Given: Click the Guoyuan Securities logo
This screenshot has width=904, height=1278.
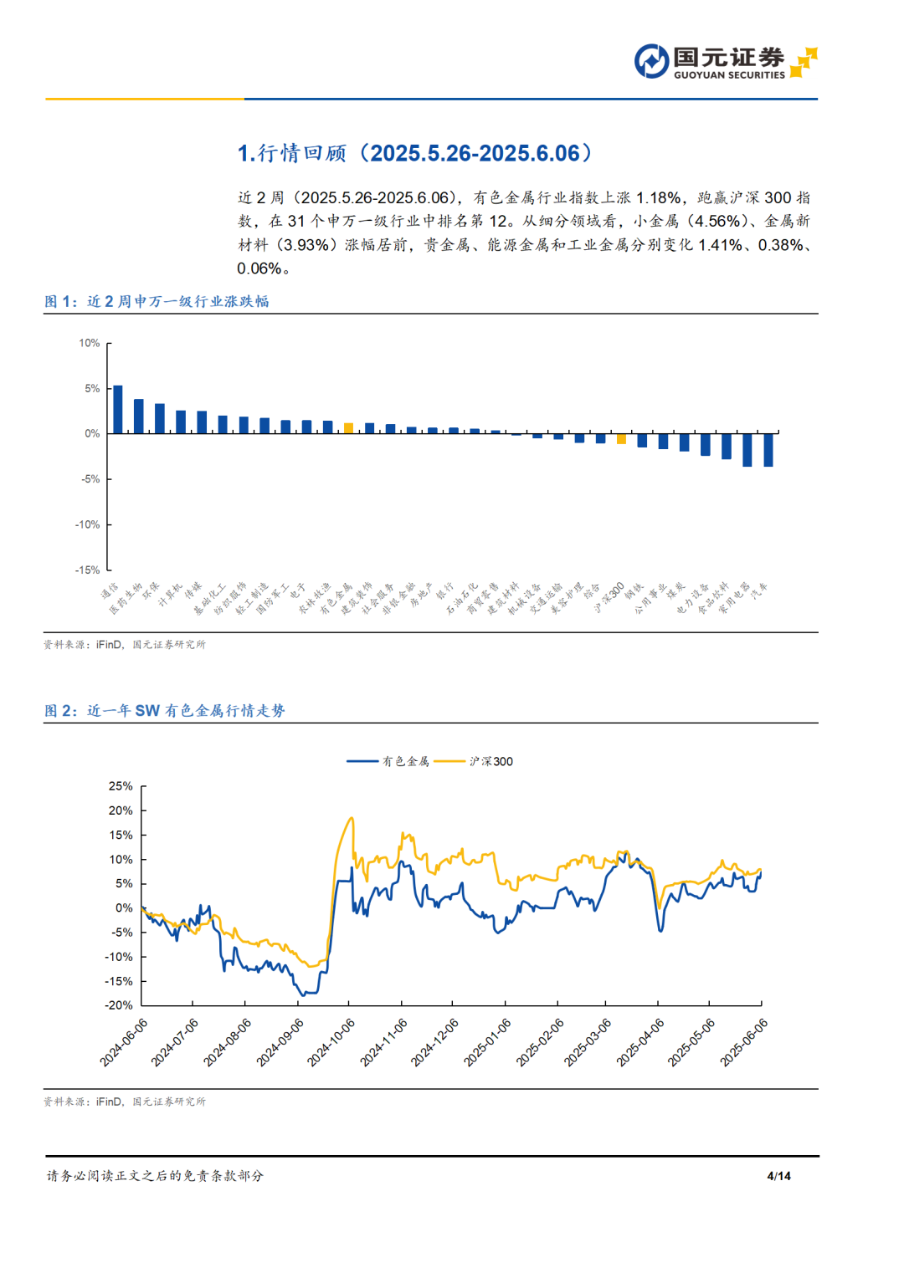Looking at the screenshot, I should (x=725, y=62).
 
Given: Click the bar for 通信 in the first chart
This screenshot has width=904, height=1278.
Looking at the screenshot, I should (x=118, y=409).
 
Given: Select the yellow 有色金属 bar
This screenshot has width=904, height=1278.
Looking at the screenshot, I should (x=349, y=428).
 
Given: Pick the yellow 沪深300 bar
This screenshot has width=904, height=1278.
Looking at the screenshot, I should (x=621, y=438).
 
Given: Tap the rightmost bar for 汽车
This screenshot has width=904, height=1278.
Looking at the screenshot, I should (x=768, y=450).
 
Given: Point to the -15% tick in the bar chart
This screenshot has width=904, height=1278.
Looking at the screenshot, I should (x=88, y=570).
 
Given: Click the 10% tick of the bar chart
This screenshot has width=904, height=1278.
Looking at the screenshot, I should (x=89, y=344).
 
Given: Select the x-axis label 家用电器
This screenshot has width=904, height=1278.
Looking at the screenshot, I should (x=735, y=598).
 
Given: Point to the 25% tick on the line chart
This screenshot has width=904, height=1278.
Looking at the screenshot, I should (x=121, y=786).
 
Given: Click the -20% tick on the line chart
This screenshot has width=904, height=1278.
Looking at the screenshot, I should (x=119, y=1005).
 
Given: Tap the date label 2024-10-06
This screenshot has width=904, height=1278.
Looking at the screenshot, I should (x=331, y=1042).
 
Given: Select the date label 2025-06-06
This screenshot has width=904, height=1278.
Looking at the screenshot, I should (x=744, y=1042).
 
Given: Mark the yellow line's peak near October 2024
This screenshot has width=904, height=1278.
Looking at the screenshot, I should (x=352, y=818).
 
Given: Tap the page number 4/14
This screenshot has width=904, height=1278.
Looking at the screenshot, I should (x=778, y=1176).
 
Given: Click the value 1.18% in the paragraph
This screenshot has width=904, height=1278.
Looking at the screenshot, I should (x=658, y=198).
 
